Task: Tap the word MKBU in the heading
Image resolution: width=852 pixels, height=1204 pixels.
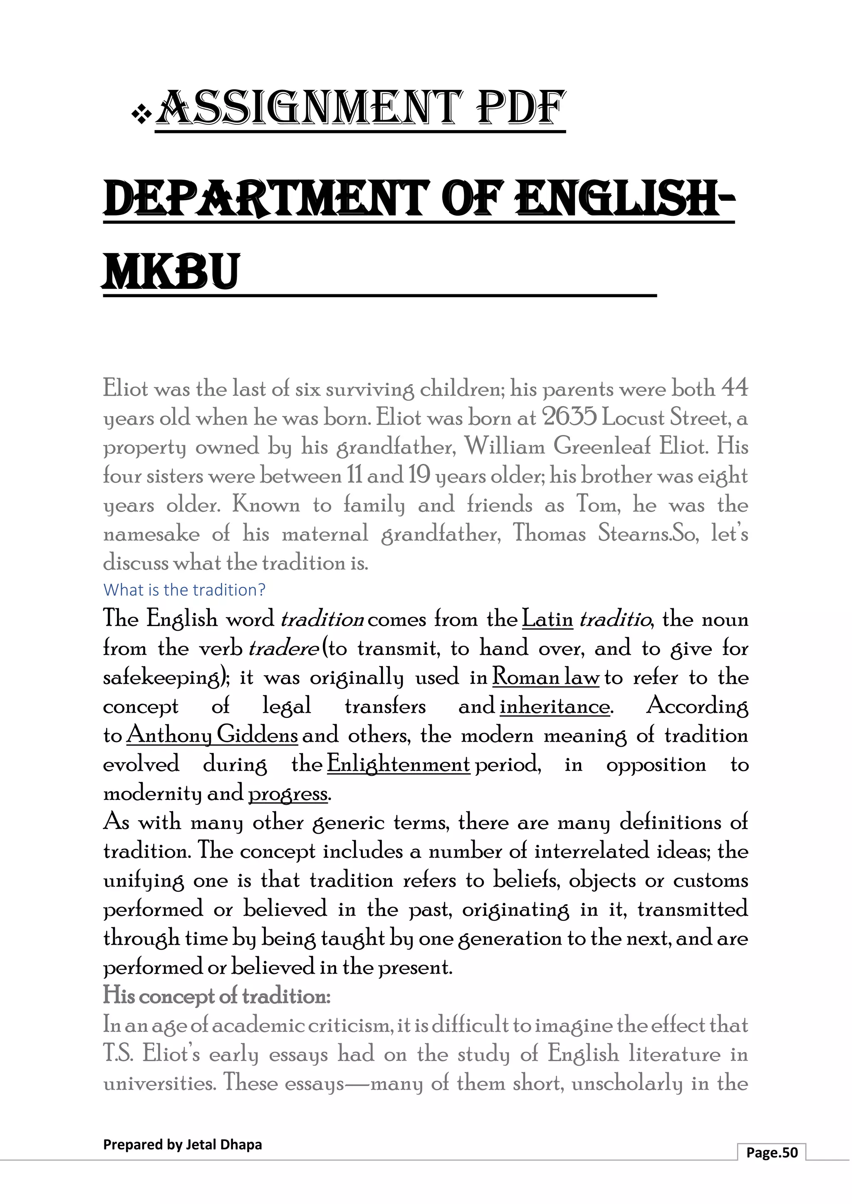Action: pos(171,271)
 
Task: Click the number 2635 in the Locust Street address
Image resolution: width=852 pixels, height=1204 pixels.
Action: pos(569,417)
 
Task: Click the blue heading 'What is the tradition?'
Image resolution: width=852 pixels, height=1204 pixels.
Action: pos(184,590)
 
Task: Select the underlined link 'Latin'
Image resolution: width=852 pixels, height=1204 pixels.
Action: pos(547,619)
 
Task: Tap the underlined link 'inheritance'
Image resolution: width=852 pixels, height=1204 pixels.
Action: pos(555,706)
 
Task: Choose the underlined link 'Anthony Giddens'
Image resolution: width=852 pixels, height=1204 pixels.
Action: pos(212,735)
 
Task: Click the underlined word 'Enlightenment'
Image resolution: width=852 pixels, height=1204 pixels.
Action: pos(398,764)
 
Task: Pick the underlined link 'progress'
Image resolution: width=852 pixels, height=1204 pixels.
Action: pos(287,793)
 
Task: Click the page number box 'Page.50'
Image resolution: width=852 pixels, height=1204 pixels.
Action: pos(771,1152)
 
